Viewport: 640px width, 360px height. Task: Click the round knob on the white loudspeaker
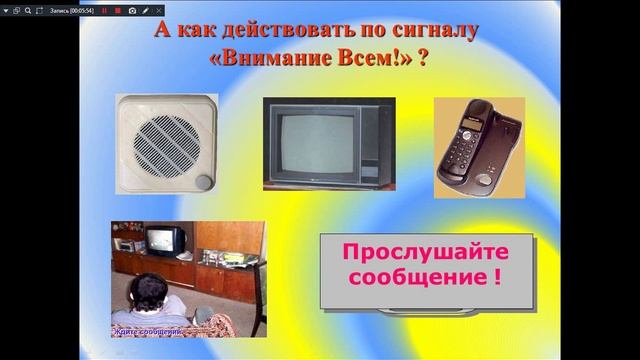point(205,181)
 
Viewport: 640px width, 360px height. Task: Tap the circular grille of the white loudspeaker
point(161,141)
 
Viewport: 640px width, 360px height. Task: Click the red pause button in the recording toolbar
point(104,10)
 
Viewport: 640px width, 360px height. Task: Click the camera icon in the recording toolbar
point(132,10)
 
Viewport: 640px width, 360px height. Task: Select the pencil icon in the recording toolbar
point(146,10)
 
